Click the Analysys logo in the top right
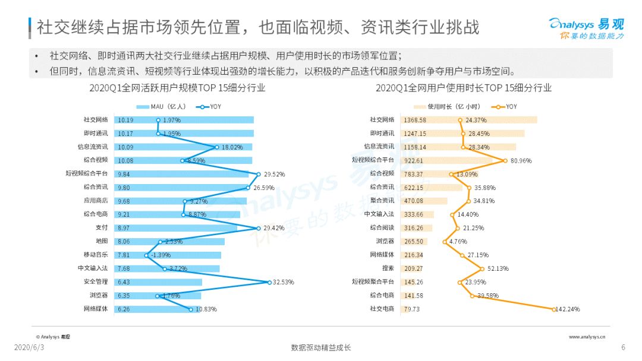click(x=586, y=28)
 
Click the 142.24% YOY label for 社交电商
click(x=568, y=309)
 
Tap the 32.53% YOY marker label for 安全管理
click(x=284, y=282)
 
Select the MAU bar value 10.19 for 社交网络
click(x=125, y=120)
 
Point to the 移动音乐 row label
click(x=96, y=255)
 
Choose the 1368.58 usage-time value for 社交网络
click(x=415, y=120)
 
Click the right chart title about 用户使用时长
click(x=464, y=88)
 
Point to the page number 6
click(x=623, y=347)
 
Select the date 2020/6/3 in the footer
click(x=29, y=347)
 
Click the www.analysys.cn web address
click(x=587, y=337)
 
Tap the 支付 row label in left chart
click(x=102, y=228)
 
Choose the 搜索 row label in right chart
click(x=388, y=268)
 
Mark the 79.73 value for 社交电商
click(x=411, y=309)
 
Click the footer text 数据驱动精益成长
click(x=321, y=347)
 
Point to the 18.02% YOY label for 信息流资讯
click(x=232, y=147)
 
